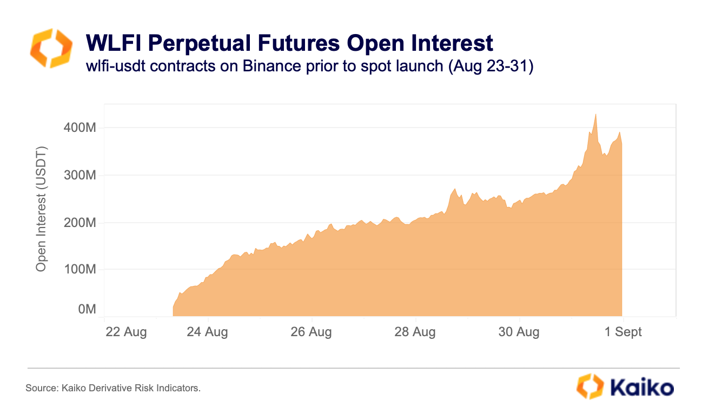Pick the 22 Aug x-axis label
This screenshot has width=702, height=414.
pos(125,332)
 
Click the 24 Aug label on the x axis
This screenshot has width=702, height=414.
pos(207,332)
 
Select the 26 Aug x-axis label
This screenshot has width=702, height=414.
pos(311,332)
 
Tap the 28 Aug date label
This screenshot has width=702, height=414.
pos(415,332)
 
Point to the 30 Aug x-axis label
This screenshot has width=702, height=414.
pos(519,332)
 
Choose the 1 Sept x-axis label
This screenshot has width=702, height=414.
pos(623,332)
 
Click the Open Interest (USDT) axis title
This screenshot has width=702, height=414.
pos(41,209)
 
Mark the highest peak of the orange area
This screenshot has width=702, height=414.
pos(595,115)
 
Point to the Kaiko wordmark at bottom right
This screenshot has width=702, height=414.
pos(641,388)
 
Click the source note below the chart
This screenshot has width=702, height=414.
pos(113,388)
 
